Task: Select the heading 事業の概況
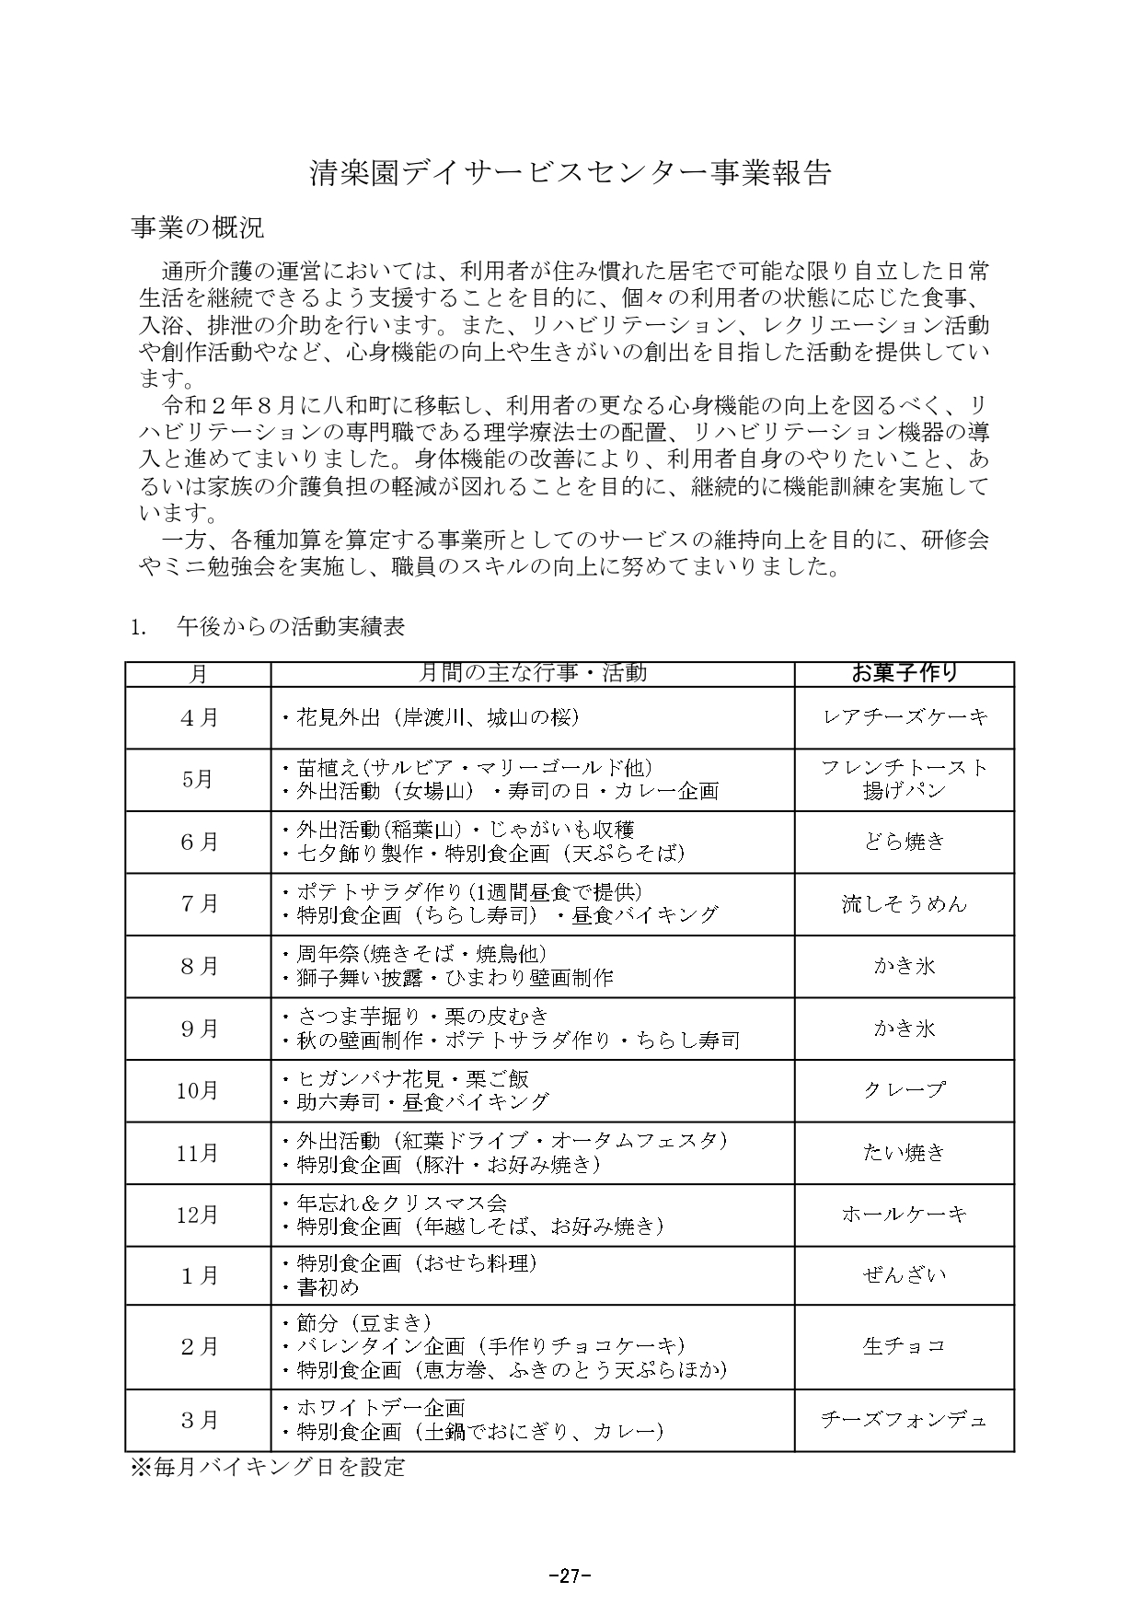198,227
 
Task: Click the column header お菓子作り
904,673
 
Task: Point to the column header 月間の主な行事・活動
532,673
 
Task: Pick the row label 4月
198,717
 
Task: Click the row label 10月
198,1090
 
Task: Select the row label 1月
198,1275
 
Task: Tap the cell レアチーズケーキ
904,717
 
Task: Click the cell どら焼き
904,841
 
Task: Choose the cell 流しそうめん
904,903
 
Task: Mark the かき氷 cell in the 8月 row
904,966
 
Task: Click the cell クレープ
904,1089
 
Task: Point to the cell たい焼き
904,1152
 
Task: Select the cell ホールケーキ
904,1215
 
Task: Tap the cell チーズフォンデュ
904,1419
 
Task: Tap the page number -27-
570,1575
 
